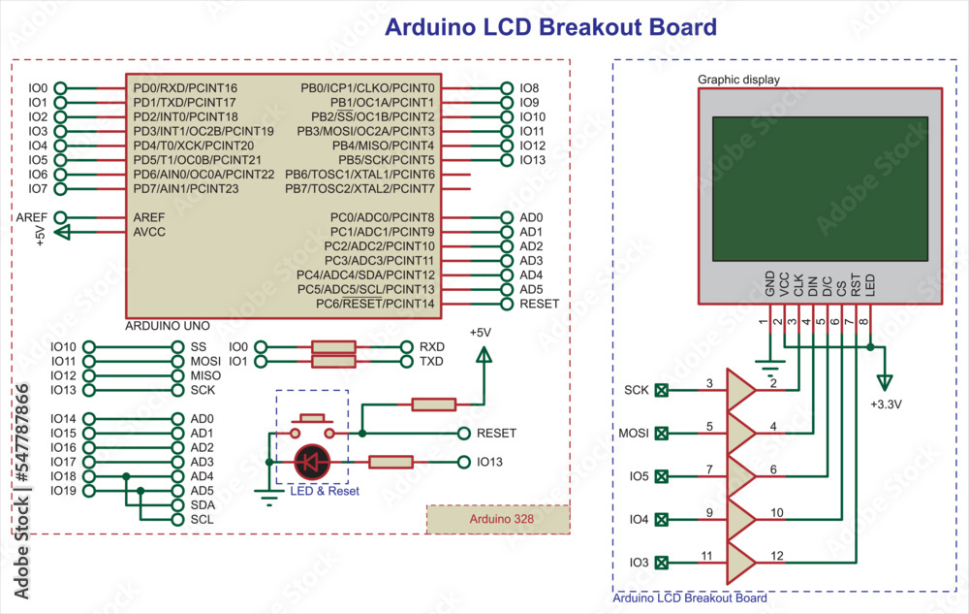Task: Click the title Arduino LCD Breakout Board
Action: click(x=550, y=26)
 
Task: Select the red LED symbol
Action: click(x=311, y=463)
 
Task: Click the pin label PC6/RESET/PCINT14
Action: click(x=375, y=305)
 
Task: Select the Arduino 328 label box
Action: click(x=497, y=520)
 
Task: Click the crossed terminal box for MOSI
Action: click(x=662, y=433)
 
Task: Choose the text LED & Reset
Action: click(x=325, y=492)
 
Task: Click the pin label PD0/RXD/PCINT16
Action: click(x=185, y=88)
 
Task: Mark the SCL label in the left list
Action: click(x=202, y=520)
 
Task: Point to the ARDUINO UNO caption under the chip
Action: click(x=168, y=327)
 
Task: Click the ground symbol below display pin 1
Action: click(x=770, y=368)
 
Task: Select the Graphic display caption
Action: click(x=738, y=80)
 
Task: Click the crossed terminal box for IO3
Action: click(x=662, y=563)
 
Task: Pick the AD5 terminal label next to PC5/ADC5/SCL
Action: click(x=531, y=290)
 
